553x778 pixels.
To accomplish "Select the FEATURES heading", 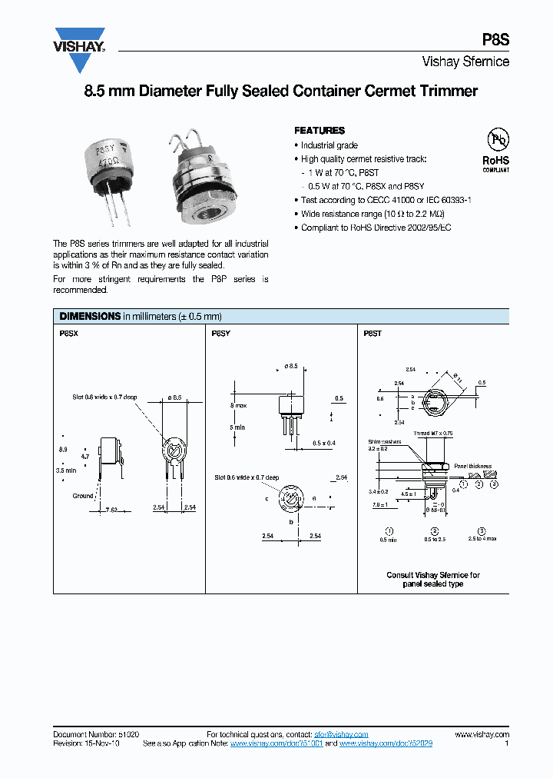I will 320,131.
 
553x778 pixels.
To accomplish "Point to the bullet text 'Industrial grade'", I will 329,145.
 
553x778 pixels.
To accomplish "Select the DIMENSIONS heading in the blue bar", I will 90,316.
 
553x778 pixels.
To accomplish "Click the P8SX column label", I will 69,334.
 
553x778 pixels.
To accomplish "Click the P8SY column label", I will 220,334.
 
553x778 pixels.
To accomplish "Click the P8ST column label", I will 372,334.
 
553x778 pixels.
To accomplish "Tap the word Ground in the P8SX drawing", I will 83,496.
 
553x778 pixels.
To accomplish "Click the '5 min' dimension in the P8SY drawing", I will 237,427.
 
